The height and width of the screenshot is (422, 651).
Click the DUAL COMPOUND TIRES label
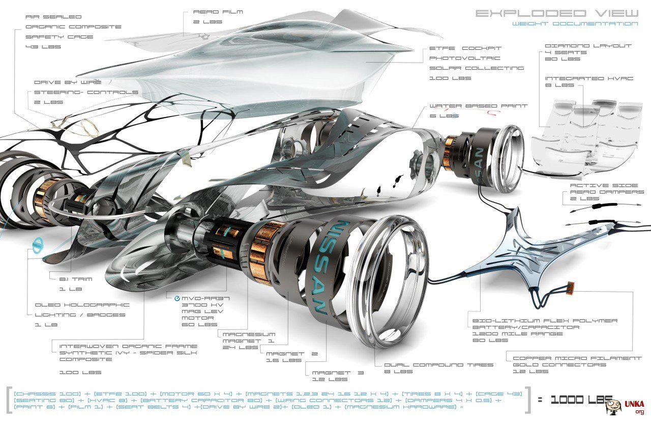[438, 364]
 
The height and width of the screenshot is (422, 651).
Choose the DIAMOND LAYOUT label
[588, 46]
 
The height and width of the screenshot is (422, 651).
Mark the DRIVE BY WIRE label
[68, 82]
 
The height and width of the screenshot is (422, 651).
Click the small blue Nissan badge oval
[38, 245]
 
